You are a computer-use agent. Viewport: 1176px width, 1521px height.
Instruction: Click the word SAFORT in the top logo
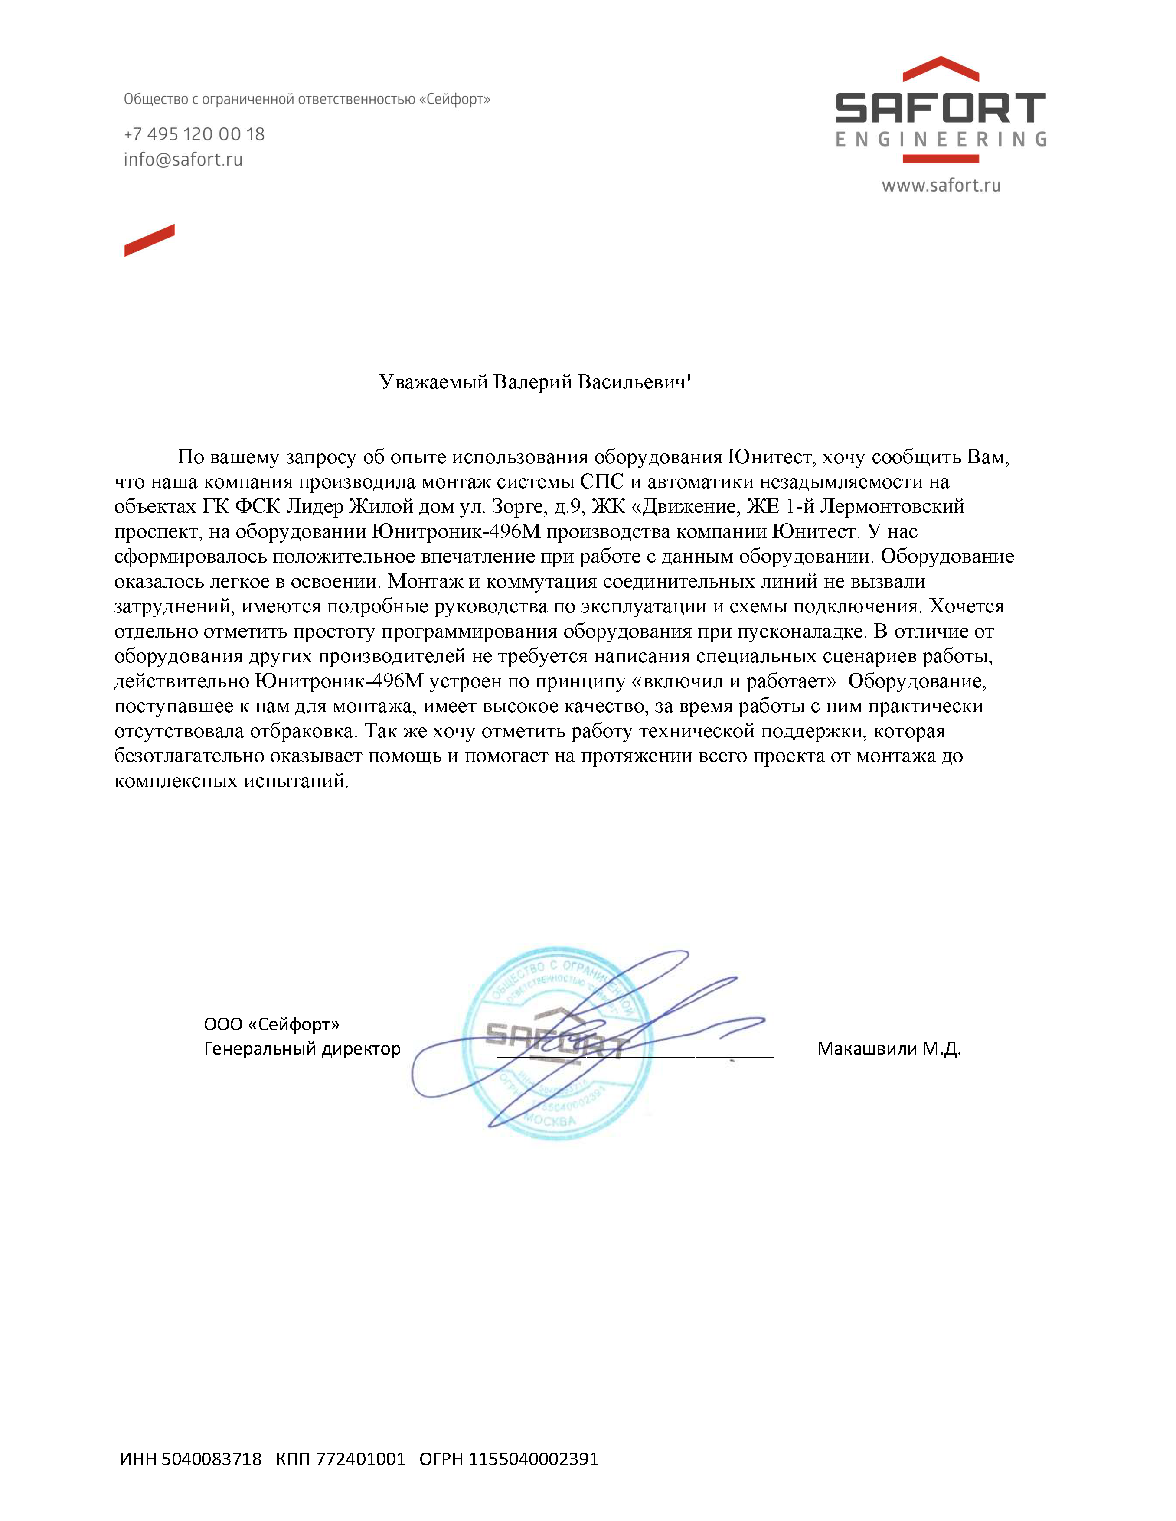coord(941,109)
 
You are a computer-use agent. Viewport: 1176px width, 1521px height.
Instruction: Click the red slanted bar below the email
coord(149,240)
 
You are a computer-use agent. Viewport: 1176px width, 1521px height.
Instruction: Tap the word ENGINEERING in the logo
coord(941,139)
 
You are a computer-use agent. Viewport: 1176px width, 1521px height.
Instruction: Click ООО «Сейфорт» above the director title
coord(272,1024)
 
